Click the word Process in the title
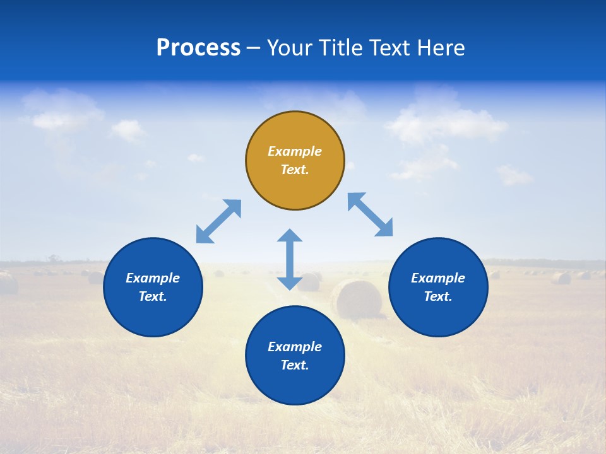coord(198,48)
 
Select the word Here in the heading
coord(441,48)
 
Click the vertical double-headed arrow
coord(290,259)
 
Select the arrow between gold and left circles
coord(218,221)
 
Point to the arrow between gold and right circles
coord(371,214)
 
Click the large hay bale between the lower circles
coord(357,299)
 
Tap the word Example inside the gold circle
coord(295,151)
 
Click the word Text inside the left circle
coord(153,296)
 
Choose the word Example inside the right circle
coord(438,278)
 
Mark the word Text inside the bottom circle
coord(295,365)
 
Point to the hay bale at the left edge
coord(8,283)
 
